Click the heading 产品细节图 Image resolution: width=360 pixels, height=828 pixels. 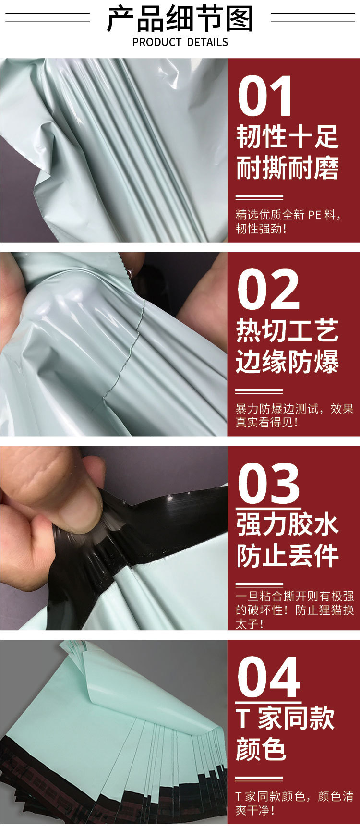180,19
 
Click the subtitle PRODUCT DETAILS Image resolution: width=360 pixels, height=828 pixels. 180,42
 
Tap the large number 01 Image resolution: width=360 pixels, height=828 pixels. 265,97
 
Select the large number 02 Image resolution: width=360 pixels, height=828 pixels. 268,290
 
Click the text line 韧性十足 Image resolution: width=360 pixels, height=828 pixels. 287,137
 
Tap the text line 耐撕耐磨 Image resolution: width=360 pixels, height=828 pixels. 287,168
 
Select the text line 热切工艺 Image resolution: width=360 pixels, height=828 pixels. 287,330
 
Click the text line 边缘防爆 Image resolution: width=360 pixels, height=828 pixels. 287,362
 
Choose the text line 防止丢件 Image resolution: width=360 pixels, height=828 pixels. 287,555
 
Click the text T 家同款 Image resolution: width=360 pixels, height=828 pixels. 285,718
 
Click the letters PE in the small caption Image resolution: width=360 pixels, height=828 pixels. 314,215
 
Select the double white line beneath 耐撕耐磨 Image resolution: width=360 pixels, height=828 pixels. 259,197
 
